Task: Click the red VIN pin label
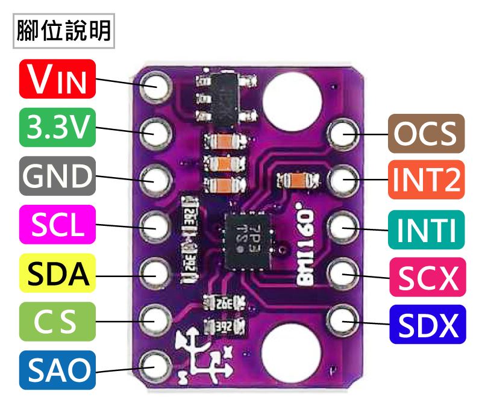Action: [x=58, y=79]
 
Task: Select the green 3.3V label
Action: [x=58, y=128]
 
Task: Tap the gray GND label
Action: [x=58, y=176]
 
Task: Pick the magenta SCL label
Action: [x=58, y=225]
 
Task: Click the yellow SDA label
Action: [x=58, y=273]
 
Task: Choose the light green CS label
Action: [x=58, y=322]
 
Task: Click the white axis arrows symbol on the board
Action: [x=202, y=356]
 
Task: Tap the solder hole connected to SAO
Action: [x=155, y=364]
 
